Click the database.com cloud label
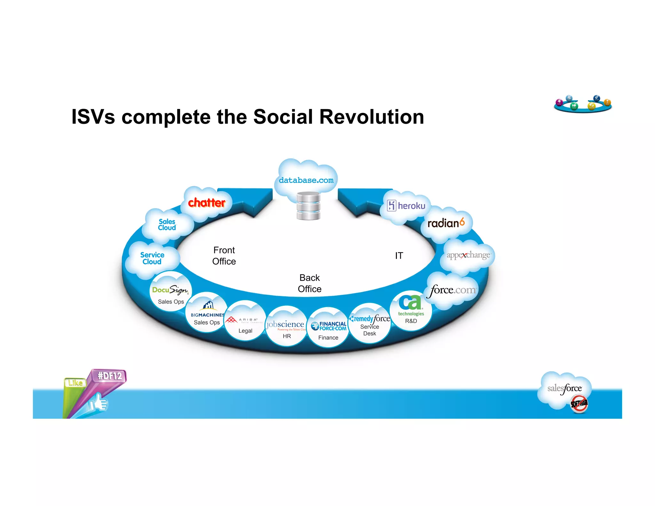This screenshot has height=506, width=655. (306, 180)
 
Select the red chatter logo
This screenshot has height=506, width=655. (207, 202)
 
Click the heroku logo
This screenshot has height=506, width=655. (406, 206)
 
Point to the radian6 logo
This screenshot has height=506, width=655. (446, 223)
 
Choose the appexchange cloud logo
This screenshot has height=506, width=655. (468, 255)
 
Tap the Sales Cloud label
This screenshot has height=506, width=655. (167, 225)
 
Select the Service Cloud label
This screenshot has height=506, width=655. (152, 258)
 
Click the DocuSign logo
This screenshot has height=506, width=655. (170, 290)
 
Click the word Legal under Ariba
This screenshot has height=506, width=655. (245, 331)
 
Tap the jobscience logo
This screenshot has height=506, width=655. (286, 325)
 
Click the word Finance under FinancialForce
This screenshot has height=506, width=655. (328, 337)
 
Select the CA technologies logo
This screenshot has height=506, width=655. (411, 305)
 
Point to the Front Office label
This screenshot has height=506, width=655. (224, 256)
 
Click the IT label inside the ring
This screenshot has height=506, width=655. (399, 256)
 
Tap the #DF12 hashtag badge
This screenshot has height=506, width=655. (110, 376)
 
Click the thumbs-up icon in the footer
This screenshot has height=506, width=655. (99, 403)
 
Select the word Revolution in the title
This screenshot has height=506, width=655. (372, 117)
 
